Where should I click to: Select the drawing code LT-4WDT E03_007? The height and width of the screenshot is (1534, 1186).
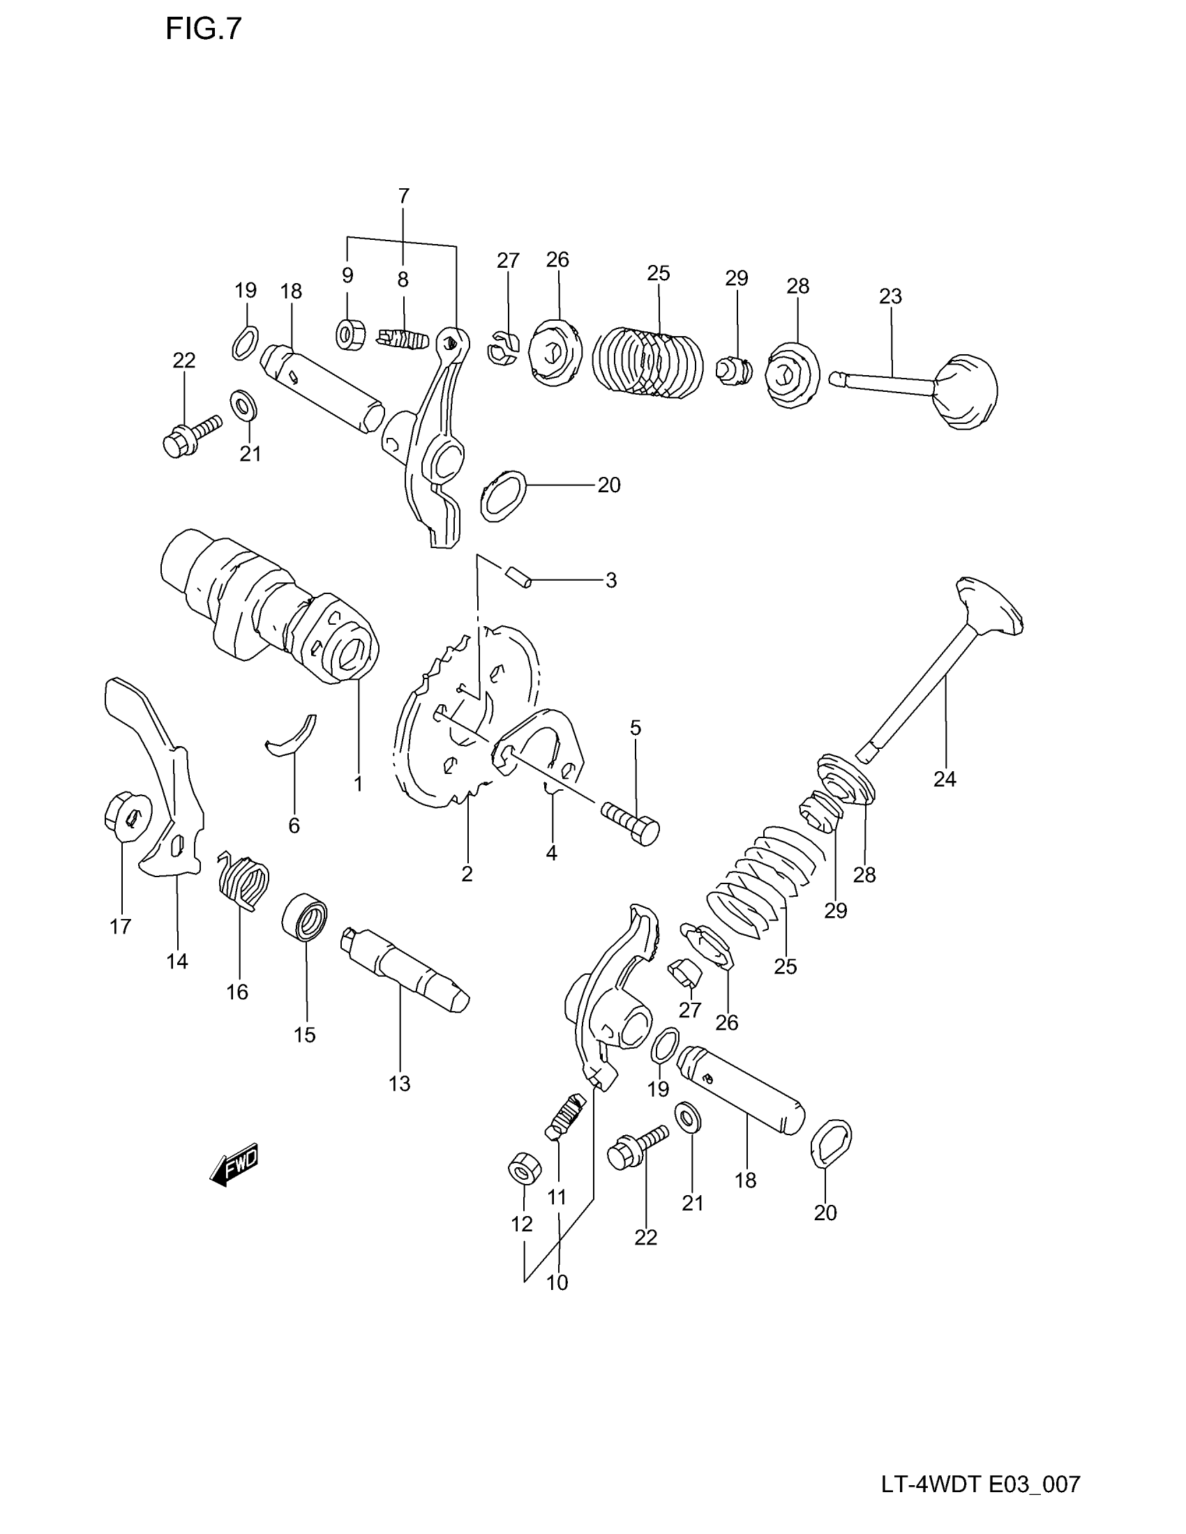[981, 1484]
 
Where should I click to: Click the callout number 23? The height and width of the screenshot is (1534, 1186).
[890, 296]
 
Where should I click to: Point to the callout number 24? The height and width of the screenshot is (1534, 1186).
[945, 778]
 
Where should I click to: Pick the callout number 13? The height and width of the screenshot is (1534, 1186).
[399, 1083]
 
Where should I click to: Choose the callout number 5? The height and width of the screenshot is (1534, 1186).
[635, 728]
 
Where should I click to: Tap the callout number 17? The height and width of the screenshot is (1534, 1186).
[121, 927]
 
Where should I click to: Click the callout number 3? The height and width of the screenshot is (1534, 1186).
[610, 580]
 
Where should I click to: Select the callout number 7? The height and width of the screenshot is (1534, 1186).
[403, 196]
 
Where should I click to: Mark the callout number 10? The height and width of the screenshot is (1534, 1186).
[557, 1282]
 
